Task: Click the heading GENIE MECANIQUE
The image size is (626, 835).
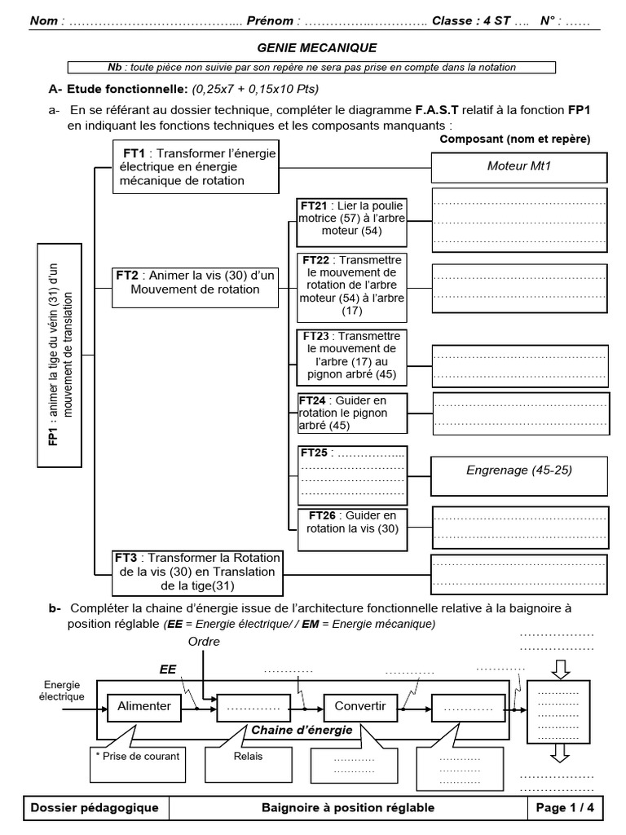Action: (316, 49)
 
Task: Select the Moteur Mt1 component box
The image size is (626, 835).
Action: (519, 167)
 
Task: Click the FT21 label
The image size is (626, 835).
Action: (313, 205)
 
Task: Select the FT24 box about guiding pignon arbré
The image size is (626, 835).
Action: (352, 413)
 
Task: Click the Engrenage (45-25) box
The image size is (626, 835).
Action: (519, 471)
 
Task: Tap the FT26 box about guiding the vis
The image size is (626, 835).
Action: (352, 522)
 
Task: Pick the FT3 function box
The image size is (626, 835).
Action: (196, 571)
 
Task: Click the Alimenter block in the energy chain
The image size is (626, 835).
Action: (144, 705)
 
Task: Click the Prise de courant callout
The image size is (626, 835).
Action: (137, 755)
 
